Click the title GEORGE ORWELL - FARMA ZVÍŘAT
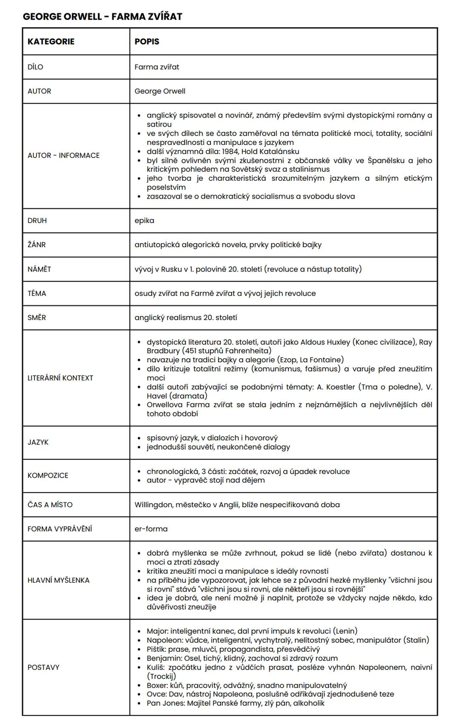(x=102, y=17)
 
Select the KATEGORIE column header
(x=51, y=41)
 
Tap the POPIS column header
(x=147, y=41)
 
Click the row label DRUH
(x=37, y=220)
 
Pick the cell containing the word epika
(x=144, y=220)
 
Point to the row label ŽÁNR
(x=37, y=245)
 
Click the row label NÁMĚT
(x=39, y=269)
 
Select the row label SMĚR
(x=37, y=318)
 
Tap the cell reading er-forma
(x=151, y=528)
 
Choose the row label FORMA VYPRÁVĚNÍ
(x=60, y=528)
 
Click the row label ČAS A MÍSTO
(x=50, y=505)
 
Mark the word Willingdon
(x=152, y=505)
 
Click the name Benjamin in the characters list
(x=163, y=658)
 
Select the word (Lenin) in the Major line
(x=345, y=631)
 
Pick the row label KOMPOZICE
(x=48, y=475)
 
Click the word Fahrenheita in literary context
(x=248, y=351)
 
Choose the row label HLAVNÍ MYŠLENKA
(x=58, y=580)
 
